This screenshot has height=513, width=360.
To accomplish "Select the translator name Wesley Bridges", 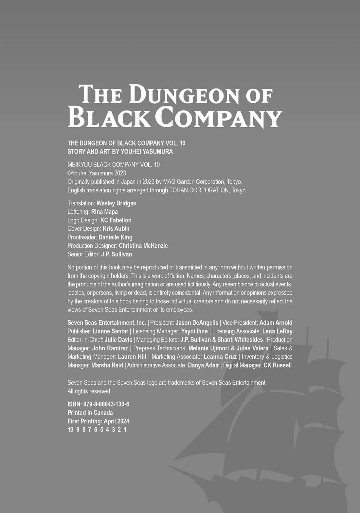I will coord(116,203).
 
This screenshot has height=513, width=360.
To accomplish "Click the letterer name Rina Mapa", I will coord(104,212).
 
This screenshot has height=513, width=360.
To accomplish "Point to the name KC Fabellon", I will coord(116,220).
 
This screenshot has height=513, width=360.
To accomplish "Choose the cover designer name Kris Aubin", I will coord(116,229).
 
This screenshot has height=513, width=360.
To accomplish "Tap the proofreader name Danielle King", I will coord(116,237).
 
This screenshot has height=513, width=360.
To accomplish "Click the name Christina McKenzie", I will coord(143,246).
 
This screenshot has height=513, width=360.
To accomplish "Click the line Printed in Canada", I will coord(90,413).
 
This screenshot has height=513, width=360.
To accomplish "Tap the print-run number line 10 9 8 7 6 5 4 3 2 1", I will coord(97,430).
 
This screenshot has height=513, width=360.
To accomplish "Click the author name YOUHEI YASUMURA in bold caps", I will coord(147,151).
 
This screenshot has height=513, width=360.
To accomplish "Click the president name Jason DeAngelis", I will coord(197,323).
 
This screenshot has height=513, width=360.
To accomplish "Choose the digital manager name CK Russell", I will coord(277,365).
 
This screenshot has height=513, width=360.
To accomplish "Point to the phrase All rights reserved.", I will coord(89,391).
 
